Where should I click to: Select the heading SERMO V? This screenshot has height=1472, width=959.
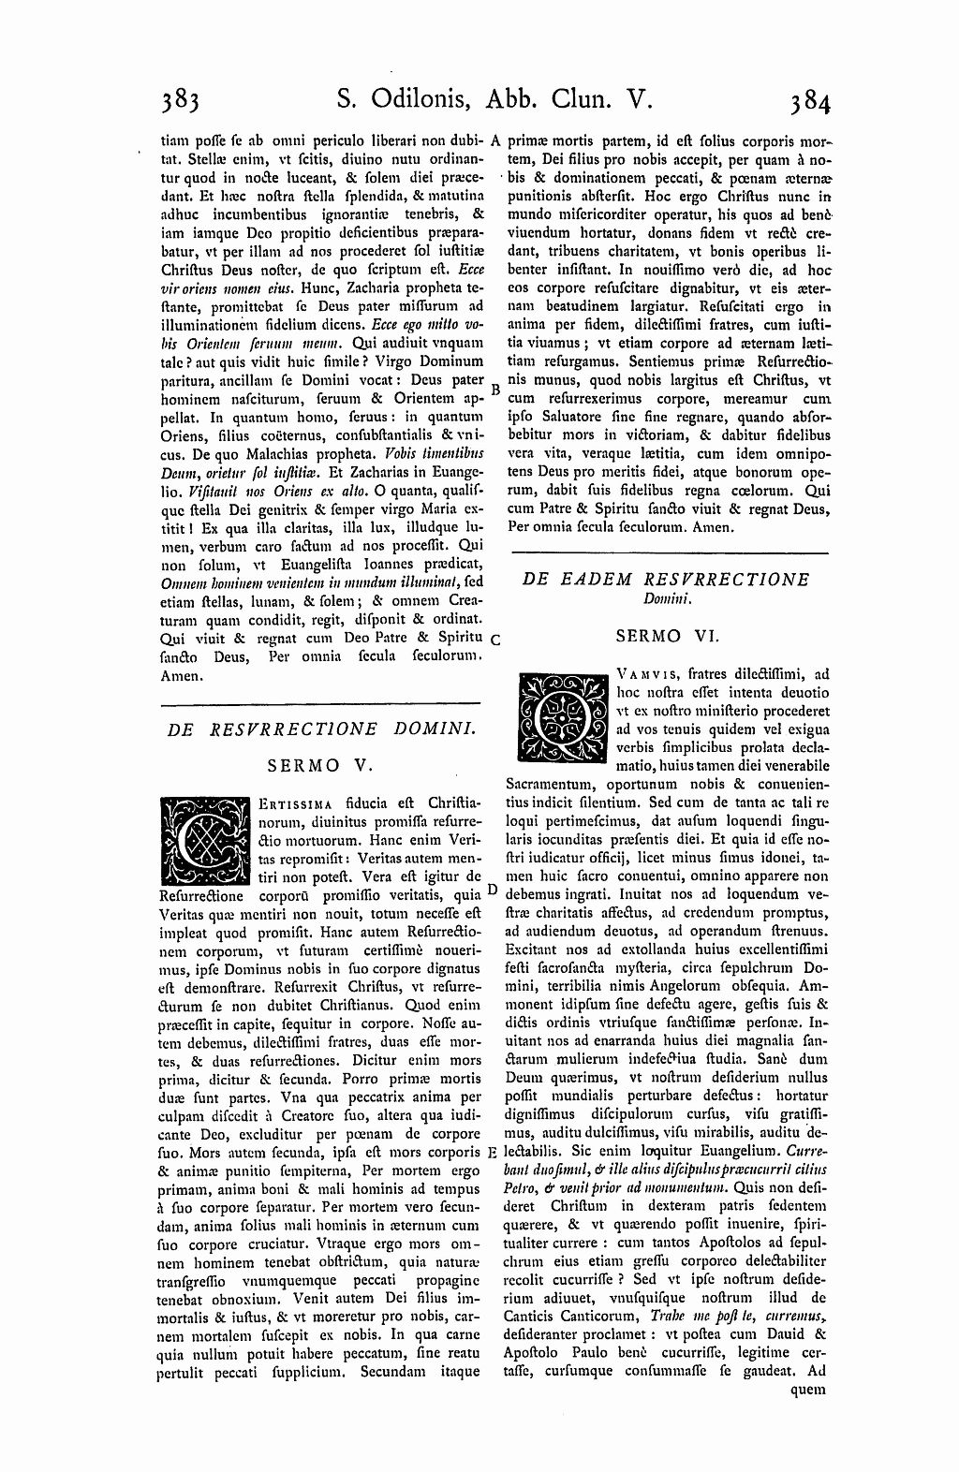[321, 765]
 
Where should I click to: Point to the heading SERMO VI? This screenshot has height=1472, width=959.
[667, 636]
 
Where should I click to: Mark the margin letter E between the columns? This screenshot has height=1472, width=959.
[493, 1152]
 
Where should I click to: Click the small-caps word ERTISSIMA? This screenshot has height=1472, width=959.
[288, 804]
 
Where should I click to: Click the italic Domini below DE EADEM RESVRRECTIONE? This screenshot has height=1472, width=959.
[666, 597]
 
